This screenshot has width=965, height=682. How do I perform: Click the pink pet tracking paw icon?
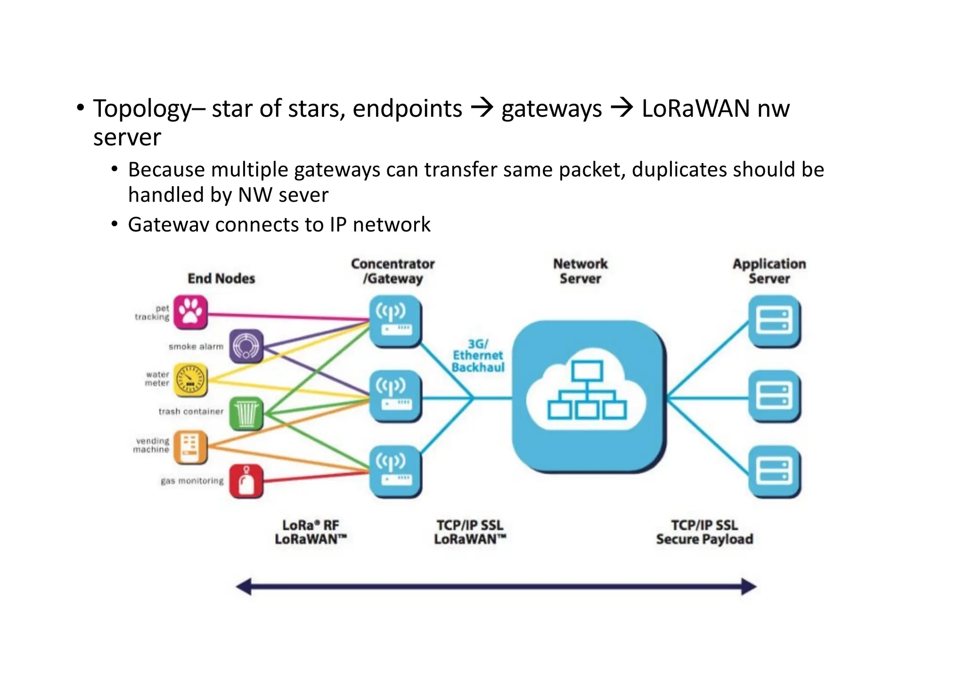pos(190,312)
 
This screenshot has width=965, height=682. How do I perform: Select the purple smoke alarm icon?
pos(246,346)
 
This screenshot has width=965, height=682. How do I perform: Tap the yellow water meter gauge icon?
pos(190,379)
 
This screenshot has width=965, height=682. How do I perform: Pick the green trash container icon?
pos(246,413)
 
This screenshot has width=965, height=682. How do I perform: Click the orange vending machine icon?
pos(190,446)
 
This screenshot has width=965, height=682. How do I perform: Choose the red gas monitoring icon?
pos(246,481)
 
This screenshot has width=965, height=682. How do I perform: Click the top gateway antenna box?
pos(394,321)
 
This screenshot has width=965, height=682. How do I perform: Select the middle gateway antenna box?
pos(394,396)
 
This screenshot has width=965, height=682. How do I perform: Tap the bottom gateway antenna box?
pos(394,471)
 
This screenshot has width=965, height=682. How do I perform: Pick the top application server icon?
pos(774,321)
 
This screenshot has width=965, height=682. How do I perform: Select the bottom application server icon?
pos(774,471)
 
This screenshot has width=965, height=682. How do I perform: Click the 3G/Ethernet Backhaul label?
pos(477,356)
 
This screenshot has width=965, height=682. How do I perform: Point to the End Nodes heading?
pos(221,279)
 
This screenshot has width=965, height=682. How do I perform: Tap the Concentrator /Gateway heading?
pos(393,271)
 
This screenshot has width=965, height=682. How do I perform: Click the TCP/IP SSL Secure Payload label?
pos(704,532)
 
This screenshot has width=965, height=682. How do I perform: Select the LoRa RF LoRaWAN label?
pos(311,532)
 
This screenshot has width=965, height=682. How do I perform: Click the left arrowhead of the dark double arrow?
pos(244,587)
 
